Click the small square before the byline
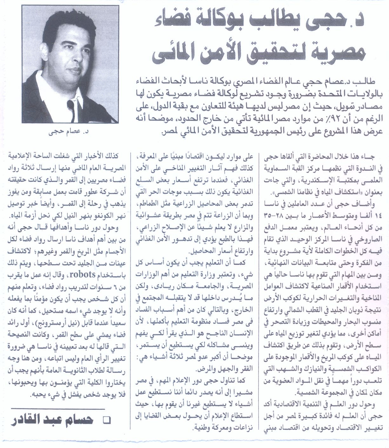pyautogui.click(x=107, y=421)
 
